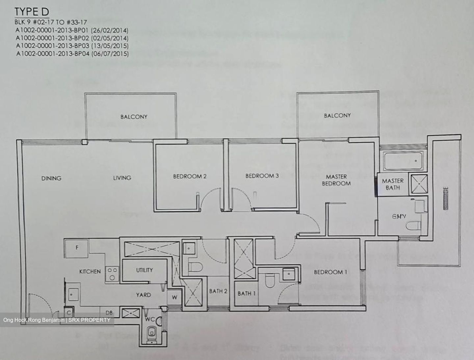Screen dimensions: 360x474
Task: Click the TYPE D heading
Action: click(x=32, y=12)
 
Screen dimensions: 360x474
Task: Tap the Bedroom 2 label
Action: click(x=190, y=176)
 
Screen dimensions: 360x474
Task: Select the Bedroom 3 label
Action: click(x=262, y=176)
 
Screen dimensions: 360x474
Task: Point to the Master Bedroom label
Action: click(x=336, y=180)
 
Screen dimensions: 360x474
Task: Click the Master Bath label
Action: click(x=393, y=184)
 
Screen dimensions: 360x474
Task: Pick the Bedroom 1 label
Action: click(x=330, y=272)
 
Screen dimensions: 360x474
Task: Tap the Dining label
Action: click(x=51, y=178)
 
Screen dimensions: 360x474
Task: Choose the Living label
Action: click(x=122, y=178)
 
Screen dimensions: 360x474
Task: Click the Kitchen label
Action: click(x=90, y=271)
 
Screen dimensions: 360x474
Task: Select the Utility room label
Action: click(x=145, y=270)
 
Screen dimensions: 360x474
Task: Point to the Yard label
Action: click(x=144, y=295)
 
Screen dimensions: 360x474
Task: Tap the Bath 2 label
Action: click(x=218, y=291)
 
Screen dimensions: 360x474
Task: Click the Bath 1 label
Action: click(x=247, y=293)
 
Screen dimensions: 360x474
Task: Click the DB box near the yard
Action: click(x=109, y=312)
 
